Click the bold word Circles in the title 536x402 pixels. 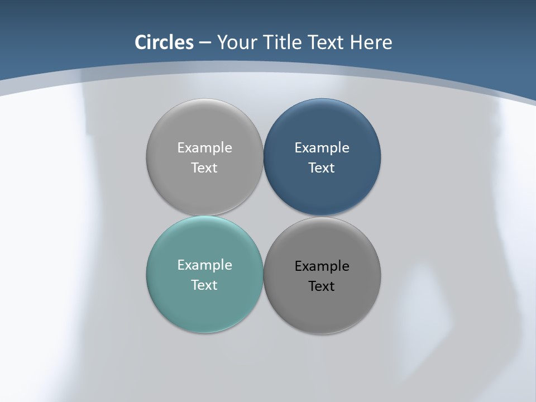click(164, 42)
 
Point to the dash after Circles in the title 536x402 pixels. click(205, 43)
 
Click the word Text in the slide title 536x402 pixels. click(327, 42)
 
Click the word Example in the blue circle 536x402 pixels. click(322, 147)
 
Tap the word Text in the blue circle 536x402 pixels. click(322, 167)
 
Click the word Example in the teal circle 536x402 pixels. click(204, 265)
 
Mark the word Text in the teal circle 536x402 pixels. click(204, 285)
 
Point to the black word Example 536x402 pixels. click(322, 266)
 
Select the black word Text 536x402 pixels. click(322, 286)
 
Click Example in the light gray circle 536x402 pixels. click(204, 147)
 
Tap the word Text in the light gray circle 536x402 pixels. click(204, 167)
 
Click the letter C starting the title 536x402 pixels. click(141, 42)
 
